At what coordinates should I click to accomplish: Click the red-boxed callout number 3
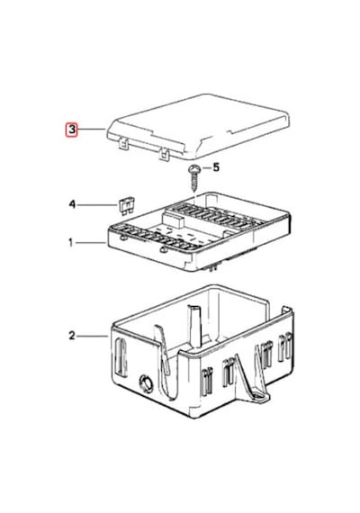(x=72, y=130)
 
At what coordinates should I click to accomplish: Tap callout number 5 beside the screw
(x=216, y=167)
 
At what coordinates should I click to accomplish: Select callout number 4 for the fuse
(x=72, y=204)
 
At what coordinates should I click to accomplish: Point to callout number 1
(x=71, y=243)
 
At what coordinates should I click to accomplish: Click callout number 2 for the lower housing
(x=72, y=336)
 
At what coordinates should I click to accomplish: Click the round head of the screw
(x=194, y=169)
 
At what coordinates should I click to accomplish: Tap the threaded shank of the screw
(x=194, y=183)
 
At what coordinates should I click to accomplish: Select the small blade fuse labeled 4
(x=126, y=206)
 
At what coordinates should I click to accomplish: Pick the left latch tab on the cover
(x=122, y=144)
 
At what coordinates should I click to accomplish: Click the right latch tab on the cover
(x=164, y=154)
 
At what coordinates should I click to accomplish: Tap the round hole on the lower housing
(x=146, y=383)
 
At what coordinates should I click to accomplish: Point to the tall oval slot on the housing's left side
(x=121, y=358)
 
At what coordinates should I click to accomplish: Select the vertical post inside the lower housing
(x=195, y=326)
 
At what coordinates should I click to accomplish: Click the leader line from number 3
(x=92, y=130)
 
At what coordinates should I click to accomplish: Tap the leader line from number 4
(x=96, y=205)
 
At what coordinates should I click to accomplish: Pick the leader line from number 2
(x=93, y=336)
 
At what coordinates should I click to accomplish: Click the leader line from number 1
(x=91, y=243)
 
